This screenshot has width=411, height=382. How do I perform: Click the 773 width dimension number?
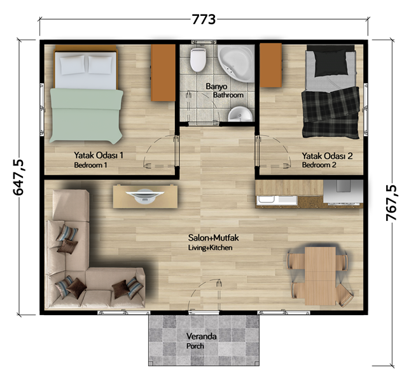tap(204, 19)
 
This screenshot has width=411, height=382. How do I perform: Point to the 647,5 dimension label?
tap(18, 177)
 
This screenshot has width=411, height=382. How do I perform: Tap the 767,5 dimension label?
tap(391, 202)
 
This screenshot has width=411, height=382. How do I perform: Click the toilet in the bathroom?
tap(198, 60)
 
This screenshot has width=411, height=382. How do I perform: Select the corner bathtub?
tap(235, 63)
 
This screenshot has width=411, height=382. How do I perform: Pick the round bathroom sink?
tap(240, 114)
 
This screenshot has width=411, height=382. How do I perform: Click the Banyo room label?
tap(216, 87)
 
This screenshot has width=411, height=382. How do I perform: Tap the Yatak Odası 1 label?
tap(98, 155)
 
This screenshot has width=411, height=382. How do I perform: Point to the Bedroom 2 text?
tap(319, 165)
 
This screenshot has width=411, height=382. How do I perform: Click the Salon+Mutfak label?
tap(213, 237)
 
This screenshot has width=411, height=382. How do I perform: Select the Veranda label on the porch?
tap(201, 336)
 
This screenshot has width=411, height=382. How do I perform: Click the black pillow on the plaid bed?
tap(330, 63)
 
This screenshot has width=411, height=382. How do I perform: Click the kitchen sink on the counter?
tap(266, 201)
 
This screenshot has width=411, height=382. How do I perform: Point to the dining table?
tap(320, 276)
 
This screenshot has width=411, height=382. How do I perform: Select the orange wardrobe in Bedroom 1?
tap(163, 73)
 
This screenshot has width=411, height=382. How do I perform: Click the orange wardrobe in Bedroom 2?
tap(271, 66)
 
